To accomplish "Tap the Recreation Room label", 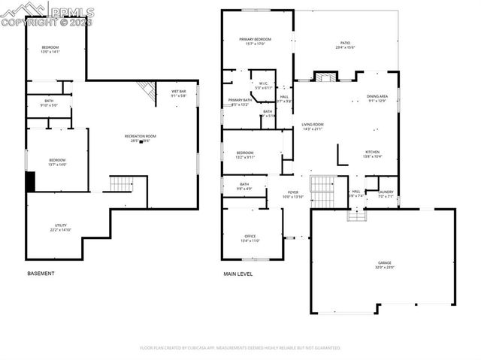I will (x=140, y=138).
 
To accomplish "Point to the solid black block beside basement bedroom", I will (x=31, y=181).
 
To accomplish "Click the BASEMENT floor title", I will (x=41, y=274).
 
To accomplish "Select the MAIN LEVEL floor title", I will (x=237, y=274).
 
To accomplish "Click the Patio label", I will (x=345, y=44).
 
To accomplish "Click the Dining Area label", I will (x=377, y=98).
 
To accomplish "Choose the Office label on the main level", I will (x=250, y=238).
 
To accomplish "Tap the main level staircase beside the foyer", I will (x=322, y=192).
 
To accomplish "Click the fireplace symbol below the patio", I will (x=325, y=77).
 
